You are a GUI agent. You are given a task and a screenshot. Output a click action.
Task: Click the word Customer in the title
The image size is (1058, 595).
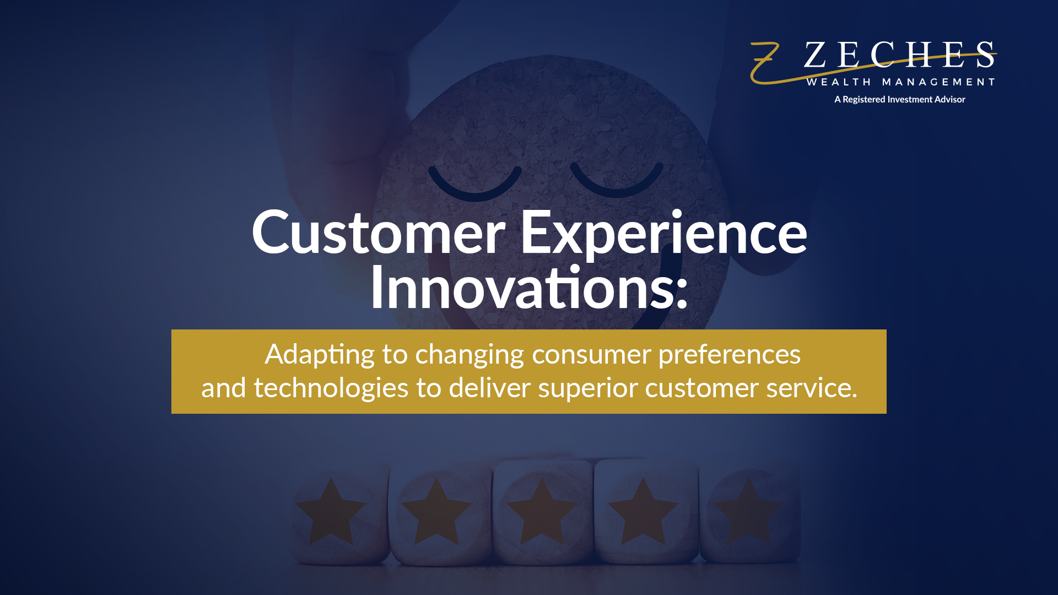(378, 232)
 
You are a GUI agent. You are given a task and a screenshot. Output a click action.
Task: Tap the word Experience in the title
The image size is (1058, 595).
(663, 232)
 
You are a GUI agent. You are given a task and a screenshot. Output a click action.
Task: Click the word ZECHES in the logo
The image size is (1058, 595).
(899, 55)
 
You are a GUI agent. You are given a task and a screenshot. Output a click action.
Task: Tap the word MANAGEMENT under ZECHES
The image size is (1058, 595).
(938, 82)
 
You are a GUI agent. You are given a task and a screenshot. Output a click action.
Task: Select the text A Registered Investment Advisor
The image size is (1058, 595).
(899, 100)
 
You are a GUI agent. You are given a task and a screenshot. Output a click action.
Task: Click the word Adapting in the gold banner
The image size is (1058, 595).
(320, 354)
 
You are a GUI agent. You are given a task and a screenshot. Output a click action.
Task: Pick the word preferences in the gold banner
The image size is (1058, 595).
(729, 354)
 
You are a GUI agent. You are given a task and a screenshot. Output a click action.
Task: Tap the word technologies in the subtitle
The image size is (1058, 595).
(331, 388)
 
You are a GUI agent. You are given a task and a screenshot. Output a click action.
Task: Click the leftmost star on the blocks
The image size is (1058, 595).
(331, 512)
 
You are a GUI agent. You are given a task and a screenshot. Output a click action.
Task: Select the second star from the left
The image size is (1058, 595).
(436, 512)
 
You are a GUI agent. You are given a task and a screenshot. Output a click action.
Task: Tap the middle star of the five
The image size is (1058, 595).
(542, 512)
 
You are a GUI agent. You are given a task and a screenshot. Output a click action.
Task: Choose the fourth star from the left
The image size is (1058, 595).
(643, 512)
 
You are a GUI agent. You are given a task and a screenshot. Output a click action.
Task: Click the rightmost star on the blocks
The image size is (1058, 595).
(748, 512)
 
